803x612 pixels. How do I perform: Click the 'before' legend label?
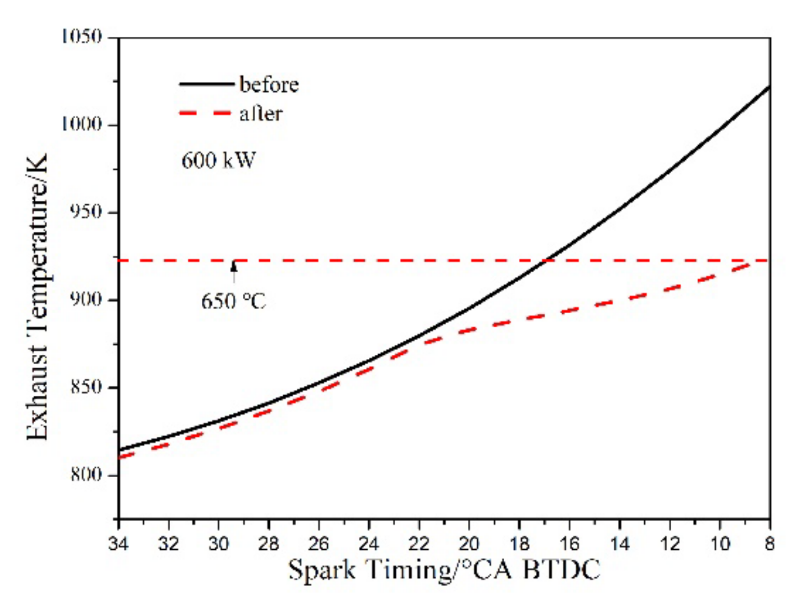269,84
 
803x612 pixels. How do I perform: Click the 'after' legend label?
261,114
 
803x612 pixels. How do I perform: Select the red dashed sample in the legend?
205,113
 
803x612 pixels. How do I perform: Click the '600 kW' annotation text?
218,160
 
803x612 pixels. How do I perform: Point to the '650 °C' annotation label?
233,301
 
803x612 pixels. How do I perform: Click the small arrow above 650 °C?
234,269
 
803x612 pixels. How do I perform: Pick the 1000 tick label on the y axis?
82,124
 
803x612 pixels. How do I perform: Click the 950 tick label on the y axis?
86,212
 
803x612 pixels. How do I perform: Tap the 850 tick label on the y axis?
86,387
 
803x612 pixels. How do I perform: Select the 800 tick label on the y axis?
86,475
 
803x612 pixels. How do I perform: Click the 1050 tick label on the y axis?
82,37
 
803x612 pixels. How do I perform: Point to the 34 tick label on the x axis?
119,544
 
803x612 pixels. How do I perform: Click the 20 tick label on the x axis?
469,544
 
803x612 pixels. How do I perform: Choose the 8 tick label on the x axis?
769,544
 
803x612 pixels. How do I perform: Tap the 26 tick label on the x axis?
319,544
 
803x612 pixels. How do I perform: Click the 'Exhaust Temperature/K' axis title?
37,297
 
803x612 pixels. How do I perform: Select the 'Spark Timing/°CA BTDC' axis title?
444,569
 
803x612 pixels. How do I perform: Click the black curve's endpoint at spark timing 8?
769,87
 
